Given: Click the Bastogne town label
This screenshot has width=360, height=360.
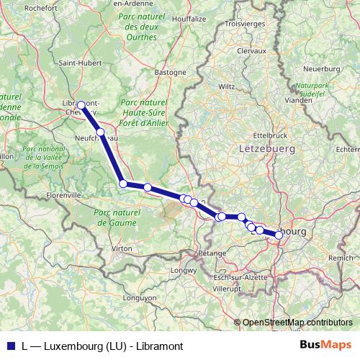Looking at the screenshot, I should click(171, 72).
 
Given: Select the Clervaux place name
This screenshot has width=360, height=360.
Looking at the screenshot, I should click(251, 51).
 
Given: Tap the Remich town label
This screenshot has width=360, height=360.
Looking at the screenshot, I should click(341, 257).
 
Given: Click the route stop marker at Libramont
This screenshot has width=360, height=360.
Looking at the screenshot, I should click(81, 105).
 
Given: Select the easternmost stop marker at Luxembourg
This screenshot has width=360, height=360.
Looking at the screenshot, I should click(279, 235).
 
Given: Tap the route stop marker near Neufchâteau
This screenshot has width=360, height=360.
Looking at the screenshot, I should click(102, 132).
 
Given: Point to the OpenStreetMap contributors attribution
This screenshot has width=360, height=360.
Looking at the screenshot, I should click(297, 323).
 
